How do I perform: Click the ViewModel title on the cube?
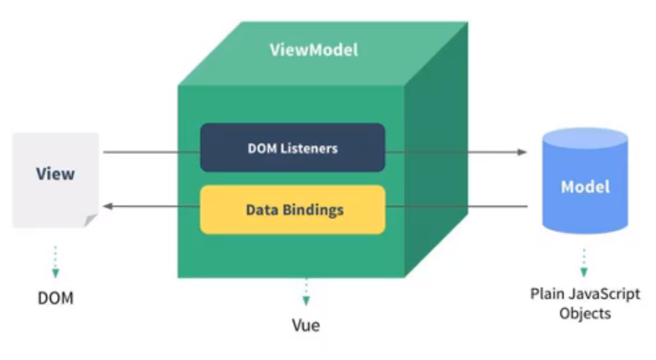[314, 49]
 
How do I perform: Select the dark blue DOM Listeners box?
[293, 148]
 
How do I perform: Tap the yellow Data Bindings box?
[293, 209]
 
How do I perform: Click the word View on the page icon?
[55, 174]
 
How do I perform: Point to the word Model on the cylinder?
[585, 186]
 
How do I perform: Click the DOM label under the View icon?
[55, 298]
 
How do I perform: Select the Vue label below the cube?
[305, 325]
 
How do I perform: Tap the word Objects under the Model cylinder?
[585, 313]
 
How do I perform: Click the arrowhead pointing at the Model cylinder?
[522, 151]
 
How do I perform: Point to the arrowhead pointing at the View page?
[108, 206]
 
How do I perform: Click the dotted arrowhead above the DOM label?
[55, 273]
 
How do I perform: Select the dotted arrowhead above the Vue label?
[305, 300]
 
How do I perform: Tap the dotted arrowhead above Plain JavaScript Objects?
[584, 273]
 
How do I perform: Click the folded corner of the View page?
[90, 220]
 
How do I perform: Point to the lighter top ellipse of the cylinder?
[585, 138]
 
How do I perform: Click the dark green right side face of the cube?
[436, 150]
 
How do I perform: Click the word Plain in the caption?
[547, 293]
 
